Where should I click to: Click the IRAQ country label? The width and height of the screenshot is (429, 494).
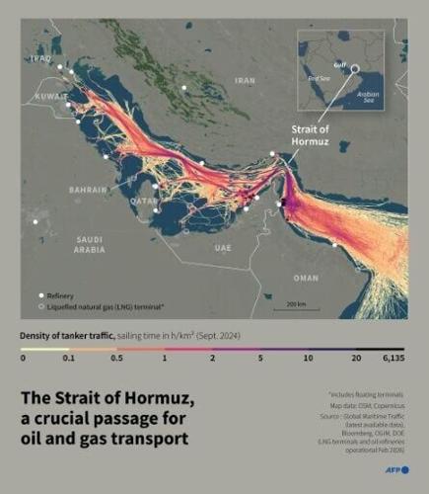(x=39, y=59)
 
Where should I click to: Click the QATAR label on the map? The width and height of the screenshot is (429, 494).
(x=144, y=201)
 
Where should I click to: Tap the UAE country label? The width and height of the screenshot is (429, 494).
(x=222, y=249)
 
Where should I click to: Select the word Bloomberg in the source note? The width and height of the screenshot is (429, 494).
(x=348, y=431)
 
